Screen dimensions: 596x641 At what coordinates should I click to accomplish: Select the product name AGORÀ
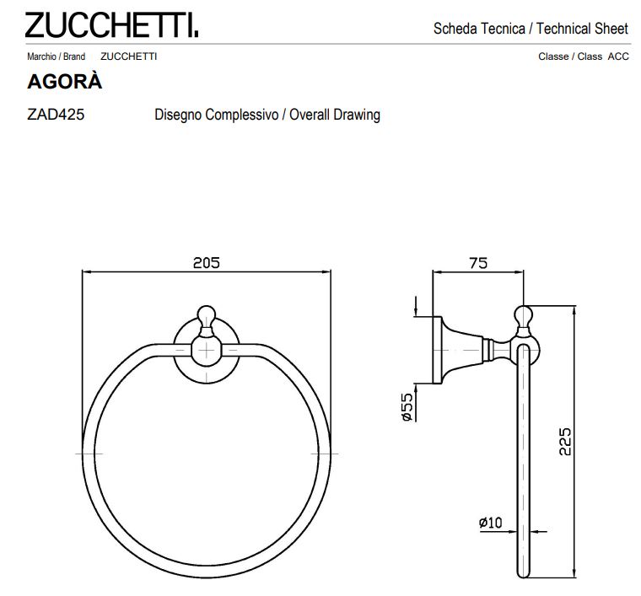tap(65, 83)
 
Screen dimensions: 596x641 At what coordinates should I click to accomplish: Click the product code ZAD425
tap(56, 115)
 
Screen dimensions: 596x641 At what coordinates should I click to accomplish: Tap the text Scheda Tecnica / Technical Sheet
tap(531, 28)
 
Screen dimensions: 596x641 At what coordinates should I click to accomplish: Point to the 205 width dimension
tap(206, 262)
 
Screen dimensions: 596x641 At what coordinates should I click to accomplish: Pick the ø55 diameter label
tap(407, 408)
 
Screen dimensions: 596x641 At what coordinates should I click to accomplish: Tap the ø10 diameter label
tap(490, 523)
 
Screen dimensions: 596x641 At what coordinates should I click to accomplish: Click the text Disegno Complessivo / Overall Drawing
tap(267, 115)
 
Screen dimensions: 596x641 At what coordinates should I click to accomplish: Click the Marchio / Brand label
tap(56, 56)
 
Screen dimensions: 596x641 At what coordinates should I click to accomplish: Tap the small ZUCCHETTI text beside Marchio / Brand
tap(128, 56)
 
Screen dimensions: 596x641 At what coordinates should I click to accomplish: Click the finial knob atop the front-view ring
tap(206, 316)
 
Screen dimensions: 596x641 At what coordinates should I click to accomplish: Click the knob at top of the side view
tap(523, 317)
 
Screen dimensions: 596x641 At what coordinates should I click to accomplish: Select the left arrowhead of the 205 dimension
tap(85, 271)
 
